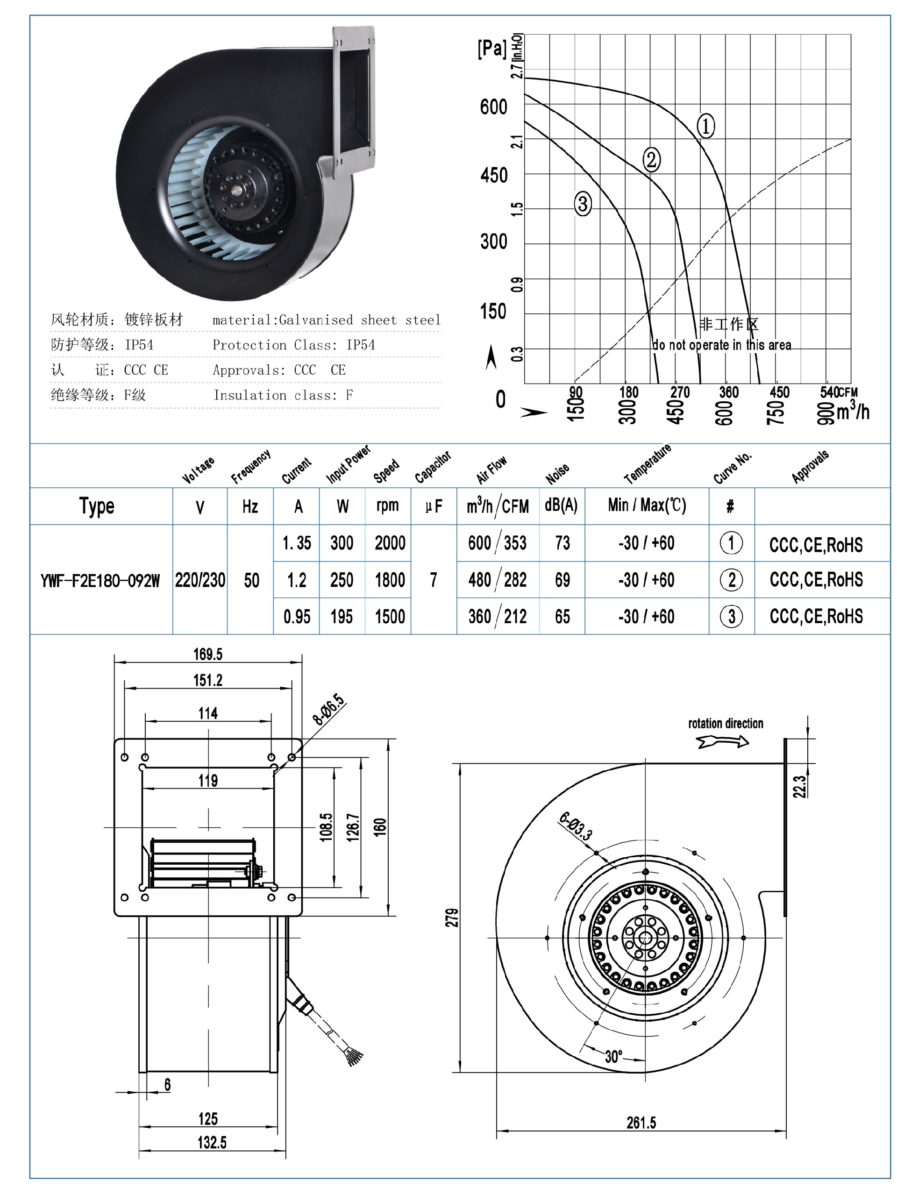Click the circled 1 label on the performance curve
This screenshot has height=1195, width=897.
pyautogui.click(x=705, y=125)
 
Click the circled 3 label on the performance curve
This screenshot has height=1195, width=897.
pyautogui.click(x=582, y=204)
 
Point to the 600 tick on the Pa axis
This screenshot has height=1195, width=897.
pyautogui.click(x=493, y=107)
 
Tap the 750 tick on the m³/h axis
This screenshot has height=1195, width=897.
pyautogui.click(x=776, y=412)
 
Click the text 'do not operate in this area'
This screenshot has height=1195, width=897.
pyautogui.click(x=721, y=345)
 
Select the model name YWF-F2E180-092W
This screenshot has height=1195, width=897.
pyautogui.click(x=100, y=580)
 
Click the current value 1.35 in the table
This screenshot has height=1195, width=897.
pyautogui.click(x=297, y=543)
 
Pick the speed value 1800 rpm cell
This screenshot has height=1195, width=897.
pyautogui.click(x=390, y=580)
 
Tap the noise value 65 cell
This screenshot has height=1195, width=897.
pyautogui.click(x=562, y=616)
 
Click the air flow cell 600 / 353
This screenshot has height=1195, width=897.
pyautogui.click(x=497, y=543)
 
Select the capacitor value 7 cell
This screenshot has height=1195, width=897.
pyautogui.click(x=434, y=580)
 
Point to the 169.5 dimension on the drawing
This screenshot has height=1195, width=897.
pyautogui.click(x=207, y=654)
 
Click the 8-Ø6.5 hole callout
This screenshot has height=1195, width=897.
pyautogui.click(x=328, y=710)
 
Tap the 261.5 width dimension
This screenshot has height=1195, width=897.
pyautogui.click(x=641, y=1123)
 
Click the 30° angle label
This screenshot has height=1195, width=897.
pyautogui.click(x=613, y=1056)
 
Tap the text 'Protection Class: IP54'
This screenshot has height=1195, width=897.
pyautogui.click(x=293, y=345)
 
